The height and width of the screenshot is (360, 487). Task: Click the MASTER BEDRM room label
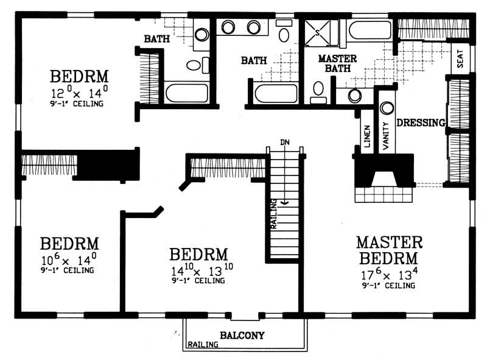tap(389, 250)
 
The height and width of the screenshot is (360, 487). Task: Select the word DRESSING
tap(421, 122)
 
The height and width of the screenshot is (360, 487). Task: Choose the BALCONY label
tap(242, 335)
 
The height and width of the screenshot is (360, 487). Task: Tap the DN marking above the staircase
tap(284, 142)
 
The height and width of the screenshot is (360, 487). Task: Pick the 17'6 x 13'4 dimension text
tap(389, 272)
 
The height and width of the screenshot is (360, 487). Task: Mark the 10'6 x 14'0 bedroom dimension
tap(69, 260)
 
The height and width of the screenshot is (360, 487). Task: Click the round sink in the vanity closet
tap(386, 108)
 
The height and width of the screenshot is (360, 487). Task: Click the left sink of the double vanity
tap(228, 27)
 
